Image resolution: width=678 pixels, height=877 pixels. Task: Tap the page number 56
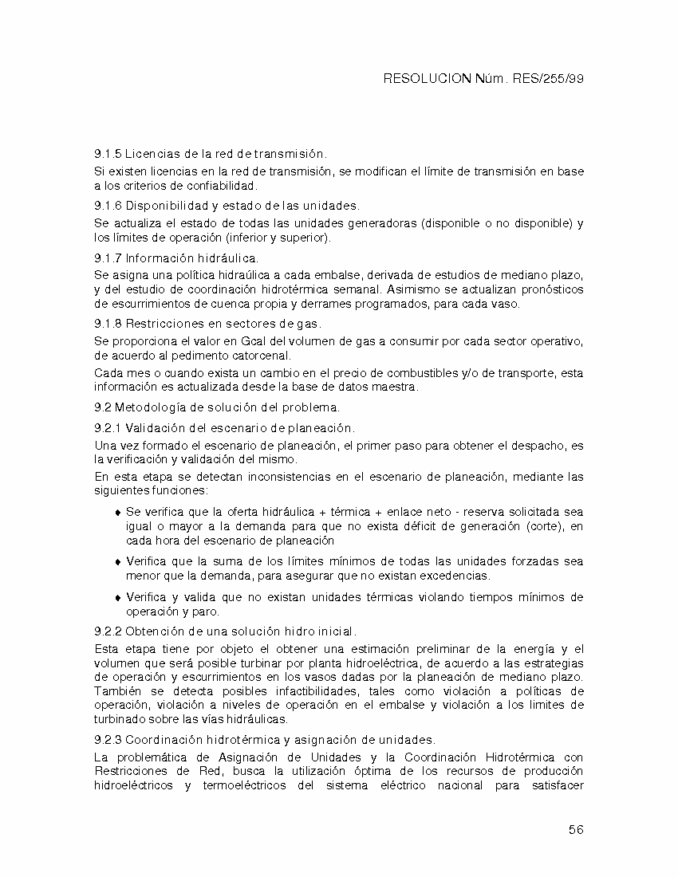click(576, 829)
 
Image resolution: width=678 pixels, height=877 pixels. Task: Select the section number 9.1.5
click(107, 153)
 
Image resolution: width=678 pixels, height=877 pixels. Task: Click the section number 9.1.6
click(107, 206)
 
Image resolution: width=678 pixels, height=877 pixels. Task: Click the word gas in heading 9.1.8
click(309, 323)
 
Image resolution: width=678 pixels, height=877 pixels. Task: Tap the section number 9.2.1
click(107, 428)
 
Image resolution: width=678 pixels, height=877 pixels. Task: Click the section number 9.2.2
click(107, 631)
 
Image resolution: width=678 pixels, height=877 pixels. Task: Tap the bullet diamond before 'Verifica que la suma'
click(118, 562)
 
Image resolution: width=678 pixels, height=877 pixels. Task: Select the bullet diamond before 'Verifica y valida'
click(118, 597)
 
